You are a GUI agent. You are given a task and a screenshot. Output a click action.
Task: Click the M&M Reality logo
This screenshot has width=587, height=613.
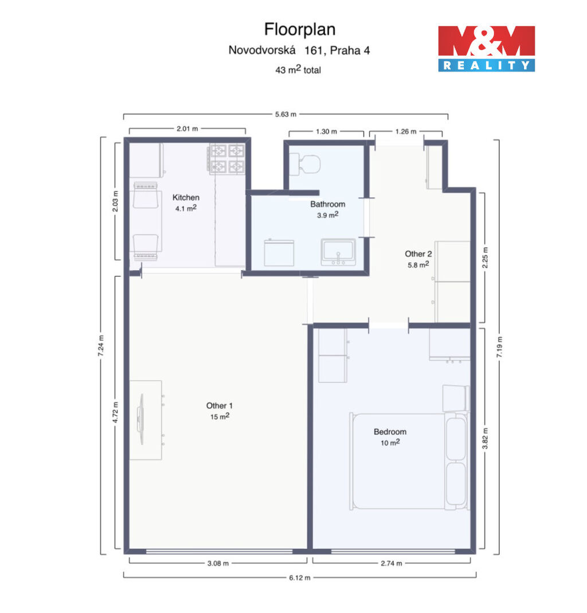click(x=486, y=49)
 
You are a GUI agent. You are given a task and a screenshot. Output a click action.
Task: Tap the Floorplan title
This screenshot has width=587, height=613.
click(x=300, y=29)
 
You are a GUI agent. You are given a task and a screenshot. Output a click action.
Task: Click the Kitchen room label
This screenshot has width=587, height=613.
click(x=186, y=197)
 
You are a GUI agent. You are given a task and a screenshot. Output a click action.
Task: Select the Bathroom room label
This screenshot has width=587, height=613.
click(x=327, y=204)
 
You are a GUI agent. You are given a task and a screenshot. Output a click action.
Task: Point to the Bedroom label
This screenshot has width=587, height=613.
click(x=390, y=432)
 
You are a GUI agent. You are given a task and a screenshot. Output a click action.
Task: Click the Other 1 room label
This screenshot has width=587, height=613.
click(x=219, y=406)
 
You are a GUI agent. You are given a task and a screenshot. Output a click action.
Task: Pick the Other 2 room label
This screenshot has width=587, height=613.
click(x=418, y=253)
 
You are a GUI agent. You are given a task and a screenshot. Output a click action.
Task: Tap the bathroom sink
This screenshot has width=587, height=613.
click(x=338, y=252)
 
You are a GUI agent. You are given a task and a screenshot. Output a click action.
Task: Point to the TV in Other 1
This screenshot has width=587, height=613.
click(x=140, y=419)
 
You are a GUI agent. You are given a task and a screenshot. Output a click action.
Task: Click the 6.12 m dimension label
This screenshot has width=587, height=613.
click(x=300, y=578)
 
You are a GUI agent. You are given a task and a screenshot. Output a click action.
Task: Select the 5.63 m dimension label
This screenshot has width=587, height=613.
click(x=285, y=114)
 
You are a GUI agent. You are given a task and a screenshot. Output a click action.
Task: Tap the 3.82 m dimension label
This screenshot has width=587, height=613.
click(x=485, y=438)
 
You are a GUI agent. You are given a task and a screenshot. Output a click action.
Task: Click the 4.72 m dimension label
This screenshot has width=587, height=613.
click(x=115, y=412)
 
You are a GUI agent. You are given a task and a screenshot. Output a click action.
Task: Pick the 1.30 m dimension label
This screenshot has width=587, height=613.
click(x=326, y=131)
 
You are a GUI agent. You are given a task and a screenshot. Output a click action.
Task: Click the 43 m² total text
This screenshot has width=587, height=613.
click(x=298, y=69)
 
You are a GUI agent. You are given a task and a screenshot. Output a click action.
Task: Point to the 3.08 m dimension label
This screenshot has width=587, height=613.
click(x=218, y=563)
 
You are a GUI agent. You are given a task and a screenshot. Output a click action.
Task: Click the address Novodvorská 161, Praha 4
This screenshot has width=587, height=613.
click(x=299, y=50)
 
